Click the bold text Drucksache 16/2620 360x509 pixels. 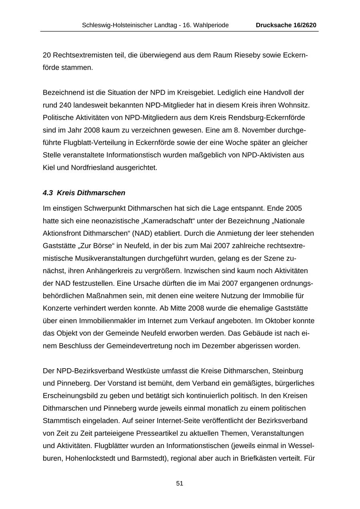pyautogui.click(x=286, y=25)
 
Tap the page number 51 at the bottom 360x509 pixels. pyautogui.click(x=180, y=483)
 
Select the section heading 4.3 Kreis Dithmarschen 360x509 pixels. pyautogui.click(x=84, y=193)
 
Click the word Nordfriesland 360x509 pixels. pyautogui.click(x=92, y=168)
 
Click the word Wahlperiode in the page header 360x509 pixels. pyautogui.click(x=211, y=25)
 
